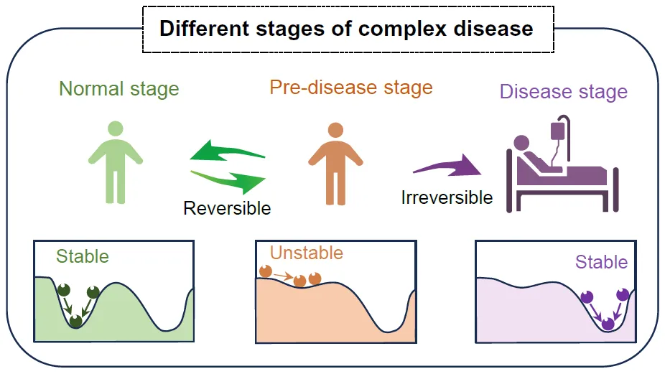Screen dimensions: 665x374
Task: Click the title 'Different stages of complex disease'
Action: point(346,29)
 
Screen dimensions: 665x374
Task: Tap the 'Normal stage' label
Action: point(119,89)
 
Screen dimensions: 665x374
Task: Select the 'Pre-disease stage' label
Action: point(351,88)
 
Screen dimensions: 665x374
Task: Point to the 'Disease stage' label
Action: point(563,92)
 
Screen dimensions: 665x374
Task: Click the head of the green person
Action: point(116,128)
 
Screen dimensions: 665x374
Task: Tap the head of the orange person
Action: point(335,130)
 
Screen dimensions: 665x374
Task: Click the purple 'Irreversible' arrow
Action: point(447,166)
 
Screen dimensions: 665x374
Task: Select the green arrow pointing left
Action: point(227,151)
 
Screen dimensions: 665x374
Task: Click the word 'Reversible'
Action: point(227,208)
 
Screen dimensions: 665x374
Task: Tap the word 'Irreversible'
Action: point(447,197)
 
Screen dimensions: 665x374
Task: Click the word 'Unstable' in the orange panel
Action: point(306,253)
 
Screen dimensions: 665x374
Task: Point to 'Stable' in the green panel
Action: point(83,256)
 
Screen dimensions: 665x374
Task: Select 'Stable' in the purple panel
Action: point(601,262)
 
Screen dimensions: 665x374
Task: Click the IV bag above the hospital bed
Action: point(558,131)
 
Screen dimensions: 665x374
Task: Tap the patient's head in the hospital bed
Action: point(521,143)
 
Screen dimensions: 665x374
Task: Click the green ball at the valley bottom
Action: point(75,321)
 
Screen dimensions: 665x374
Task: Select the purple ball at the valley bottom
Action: point(608,324)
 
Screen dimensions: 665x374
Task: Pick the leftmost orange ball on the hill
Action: point(266,271)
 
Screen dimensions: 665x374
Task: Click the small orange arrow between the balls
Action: point(283,276)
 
